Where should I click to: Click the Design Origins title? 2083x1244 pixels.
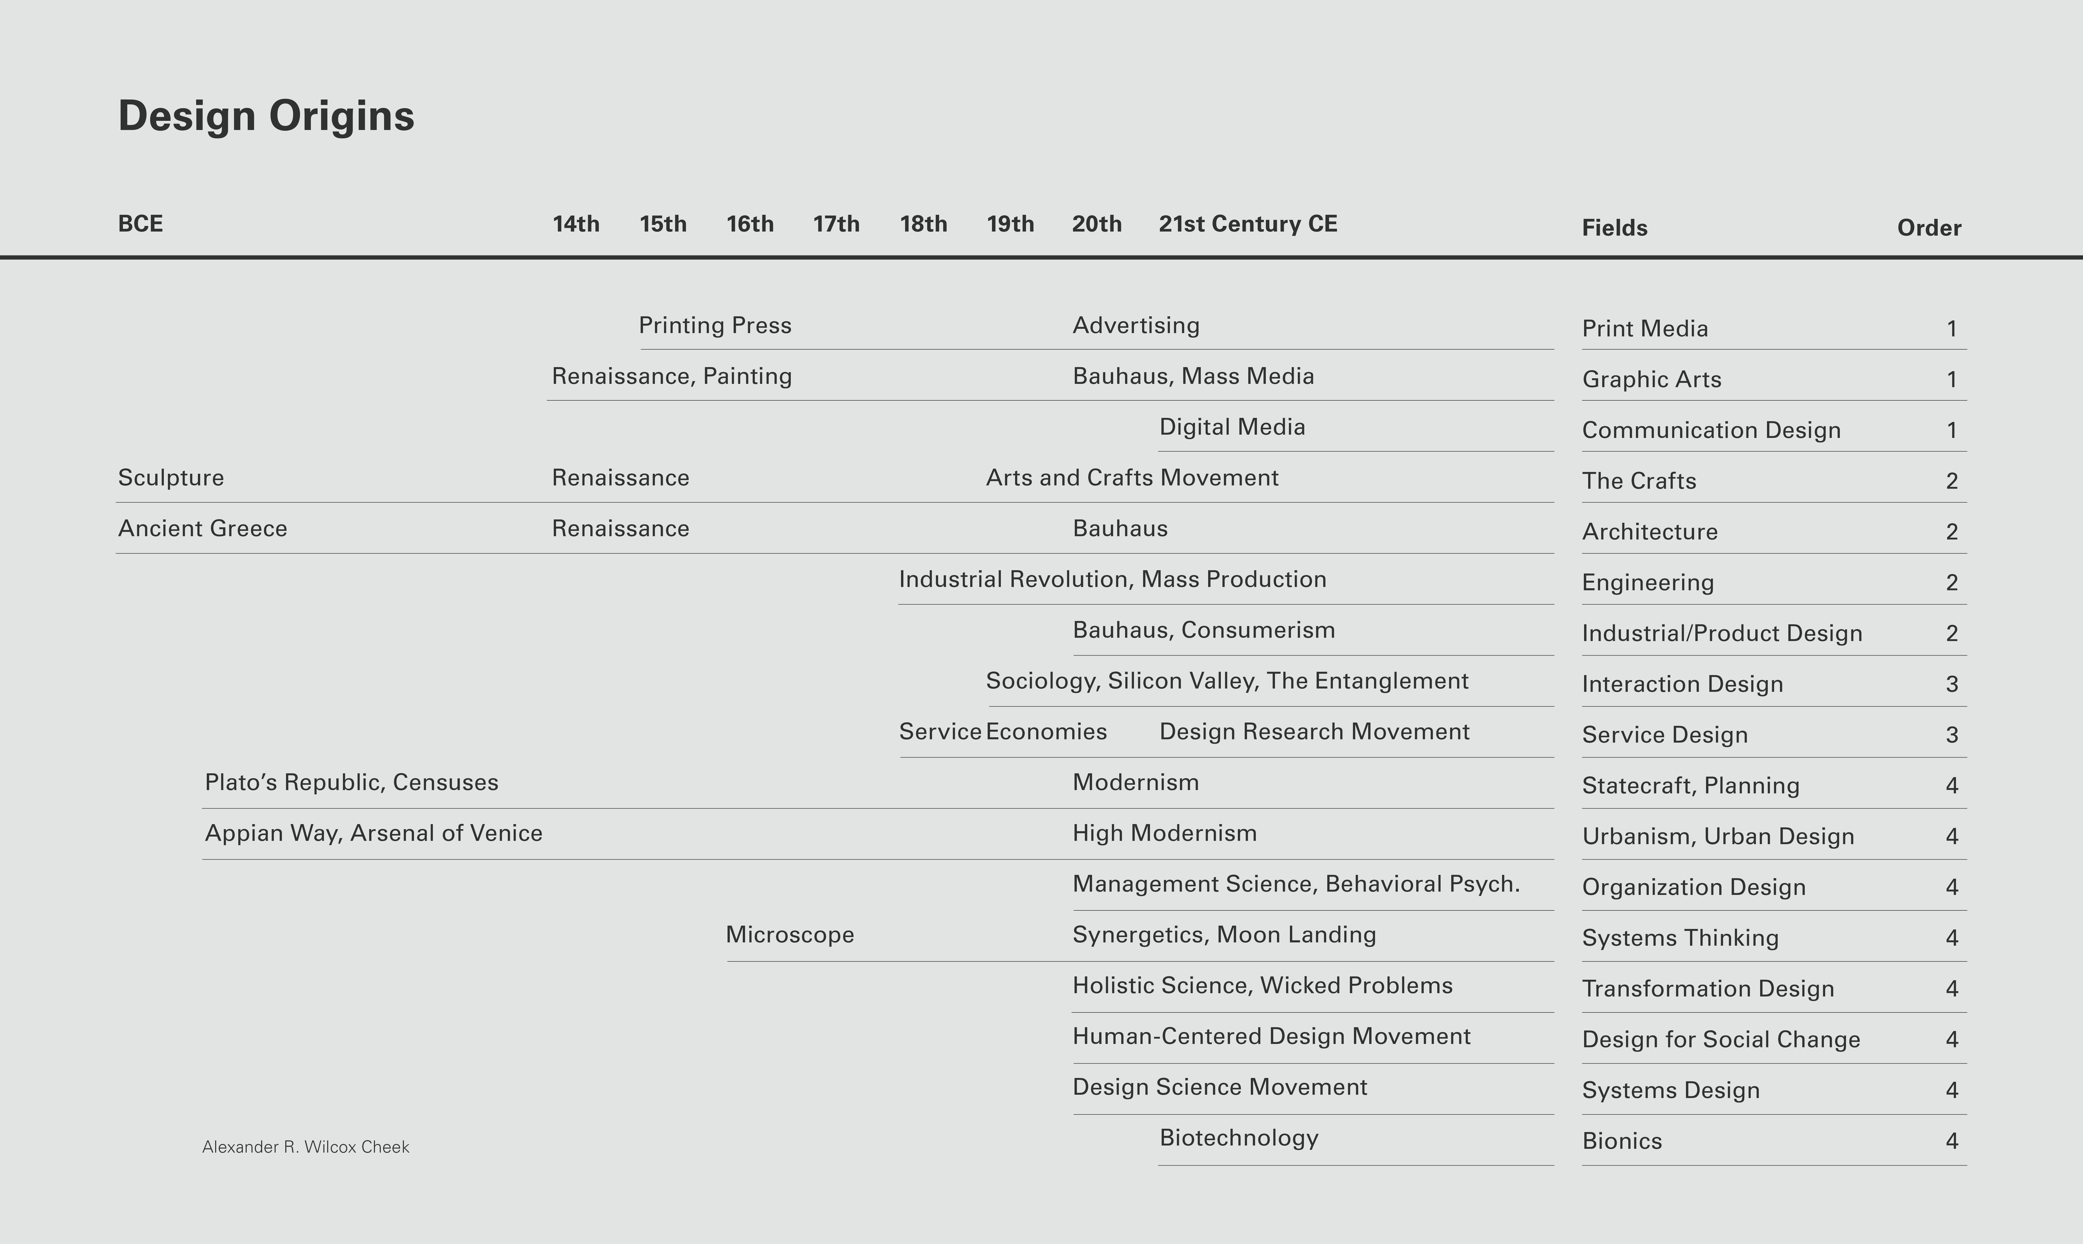(266, 116)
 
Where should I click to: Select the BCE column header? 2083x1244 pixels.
(140, 224)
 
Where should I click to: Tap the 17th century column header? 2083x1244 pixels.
(836, 224)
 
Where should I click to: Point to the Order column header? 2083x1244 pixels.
(1929, 228)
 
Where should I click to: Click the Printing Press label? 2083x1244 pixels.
(715, 325)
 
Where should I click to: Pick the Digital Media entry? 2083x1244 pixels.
(1232, 427)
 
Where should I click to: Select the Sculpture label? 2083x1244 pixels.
(171, 478)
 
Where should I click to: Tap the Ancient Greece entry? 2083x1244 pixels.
(202, 528)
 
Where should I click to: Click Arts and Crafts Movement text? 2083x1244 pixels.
(1132, 478)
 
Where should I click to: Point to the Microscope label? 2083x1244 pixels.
(789, 935)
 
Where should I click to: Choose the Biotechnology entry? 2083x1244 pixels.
(1239, 1138)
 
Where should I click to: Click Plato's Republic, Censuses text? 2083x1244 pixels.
(351, 782)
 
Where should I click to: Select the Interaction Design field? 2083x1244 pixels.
(1682, 684)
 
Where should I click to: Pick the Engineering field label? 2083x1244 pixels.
(1648, 583)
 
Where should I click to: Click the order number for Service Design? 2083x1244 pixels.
(1951, 735)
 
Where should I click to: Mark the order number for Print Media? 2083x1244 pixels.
(1951, 329)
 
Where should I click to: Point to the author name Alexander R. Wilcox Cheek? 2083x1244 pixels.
(305, 1147)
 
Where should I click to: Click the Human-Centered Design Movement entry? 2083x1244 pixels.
(1271, 1036)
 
